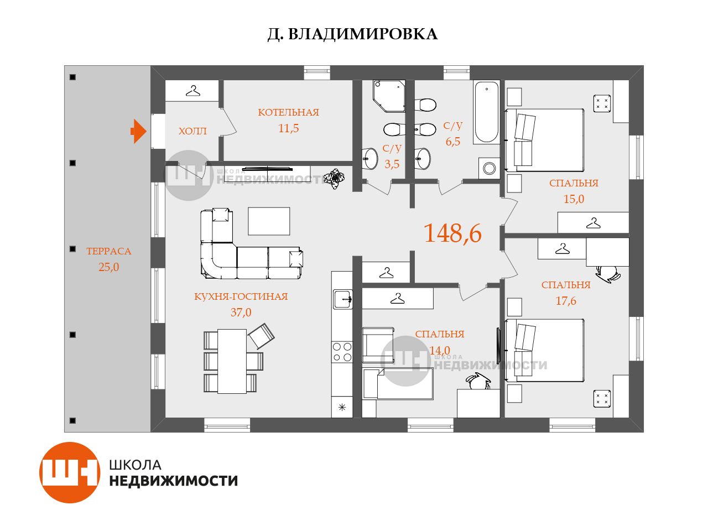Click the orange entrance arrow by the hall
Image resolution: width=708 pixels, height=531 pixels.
139,131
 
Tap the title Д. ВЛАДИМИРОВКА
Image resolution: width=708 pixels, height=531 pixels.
352,34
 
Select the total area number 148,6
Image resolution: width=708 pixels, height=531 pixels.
452,233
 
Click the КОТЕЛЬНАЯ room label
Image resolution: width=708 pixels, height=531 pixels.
288,112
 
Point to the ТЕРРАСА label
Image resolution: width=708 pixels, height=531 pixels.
109,251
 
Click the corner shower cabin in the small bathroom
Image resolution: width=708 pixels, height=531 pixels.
389,96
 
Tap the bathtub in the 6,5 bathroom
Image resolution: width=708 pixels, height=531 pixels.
486,112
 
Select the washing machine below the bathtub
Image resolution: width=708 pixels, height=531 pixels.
489,168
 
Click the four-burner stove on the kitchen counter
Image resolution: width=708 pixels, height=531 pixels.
342,352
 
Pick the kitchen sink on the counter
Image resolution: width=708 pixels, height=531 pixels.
343,299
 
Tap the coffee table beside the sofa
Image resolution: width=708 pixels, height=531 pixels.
269,221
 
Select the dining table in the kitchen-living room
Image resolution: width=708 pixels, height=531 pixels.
232,361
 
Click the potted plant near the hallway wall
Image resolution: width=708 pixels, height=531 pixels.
334,178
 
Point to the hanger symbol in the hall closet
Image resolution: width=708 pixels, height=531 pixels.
193,91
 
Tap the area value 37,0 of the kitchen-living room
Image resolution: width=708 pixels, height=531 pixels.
241,312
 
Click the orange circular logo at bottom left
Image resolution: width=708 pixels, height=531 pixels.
70,472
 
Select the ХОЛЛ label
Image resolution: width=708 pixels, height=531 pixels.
192,131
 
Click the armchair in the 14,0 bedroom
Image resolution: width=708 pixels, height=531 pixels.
378,345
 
